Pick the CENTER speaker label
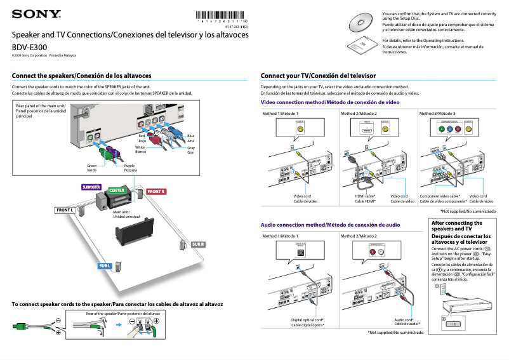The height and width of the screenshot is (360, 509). (x=116, y=190)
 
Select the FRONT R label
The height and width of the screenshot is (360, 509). (x=155, y=191)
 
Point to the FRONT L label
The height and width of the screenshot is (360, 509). (x=65, y=210)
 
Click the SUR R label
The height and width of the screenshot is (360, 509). (x=198, y=244)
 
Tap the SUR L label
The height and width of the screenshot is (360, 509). (x=105, y=265)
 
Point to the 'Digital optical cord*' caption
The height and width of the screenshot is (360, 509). (x=308, y=320)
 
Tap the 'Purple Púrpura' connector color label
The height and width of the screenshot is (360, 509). (x=130, y=168)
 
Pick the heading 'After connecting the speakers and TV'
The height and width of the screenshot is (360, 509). (x=457, y=225)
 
